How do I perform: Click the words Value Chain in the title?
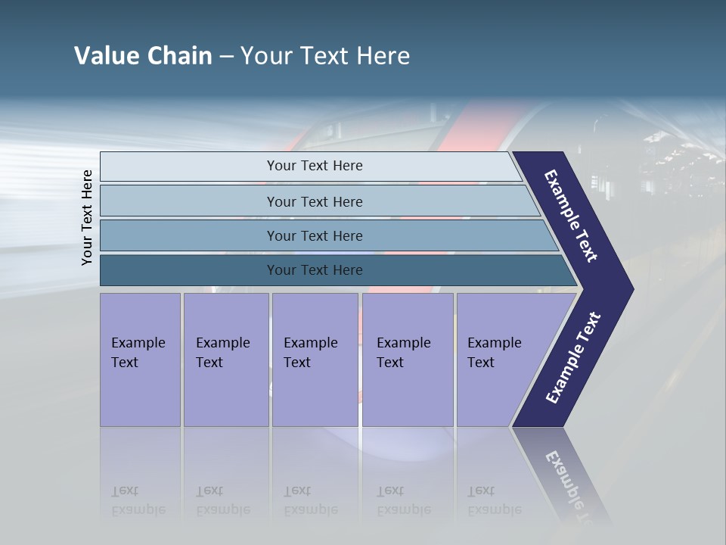143,56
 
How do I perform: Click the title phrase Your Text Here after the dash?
325,56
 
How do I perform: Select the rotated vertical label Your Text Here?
87,218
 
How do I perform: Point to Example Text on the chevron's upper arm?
571,215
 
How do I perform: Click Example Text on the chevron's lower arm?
572,358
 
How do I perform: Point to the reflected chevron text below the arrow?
571,484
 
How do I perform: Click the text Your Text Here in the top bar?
315,166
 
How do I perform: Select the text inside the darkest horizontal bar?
315,270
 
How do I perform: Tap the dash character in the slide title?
226,57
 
